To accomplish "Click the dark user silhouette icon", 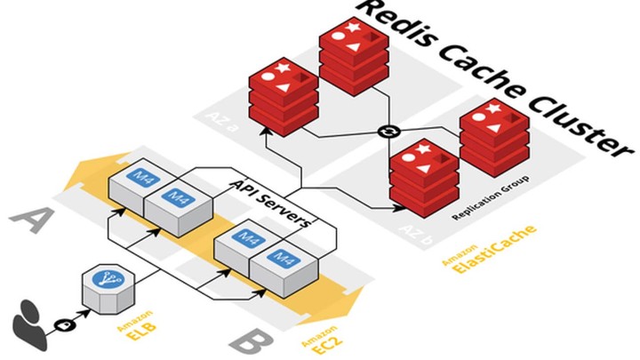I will [28, 323].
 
